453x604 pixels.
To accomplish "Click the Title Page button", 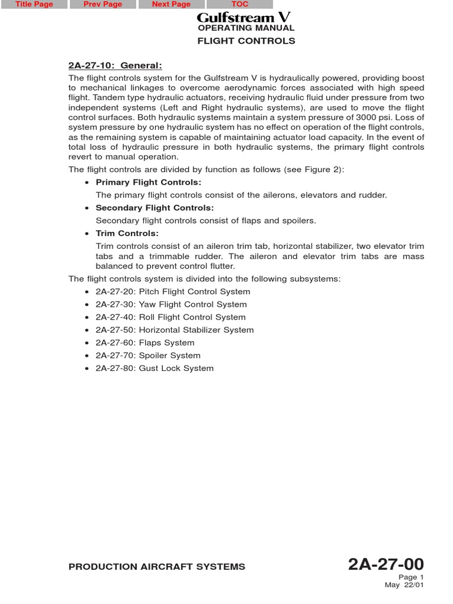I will pos(34,4).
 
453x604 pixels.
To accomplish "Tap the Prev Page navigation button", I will pos(103,4).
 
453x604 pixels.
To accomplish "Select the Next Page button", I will pos(171,4).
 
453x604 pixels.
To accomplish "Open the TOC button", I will pos(239,4).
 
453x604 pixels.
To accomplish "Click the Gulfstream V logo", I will pos(244,18).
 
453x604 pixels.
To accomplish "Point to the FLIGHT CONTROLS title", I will pos(245,41).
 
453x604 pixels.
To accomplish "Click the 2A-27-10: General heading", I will pos(115,65).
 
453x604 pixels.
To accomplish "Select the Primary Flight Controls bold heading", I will pos(148,182).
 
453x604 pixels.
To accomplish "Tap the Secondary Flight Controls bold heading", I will pos(155,208).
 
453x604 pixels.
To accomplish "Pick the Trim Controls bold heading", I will pos(127,234).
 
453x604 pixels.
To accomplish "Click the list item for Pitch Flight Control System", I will pos(173,292).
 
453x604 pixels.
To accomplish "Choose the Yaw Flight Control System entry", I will pos(171,304).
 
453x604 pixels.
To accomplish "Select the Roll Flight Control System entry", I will pos(170,317).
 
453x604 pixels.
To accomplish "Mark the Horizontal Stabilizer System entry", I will pos(175,330).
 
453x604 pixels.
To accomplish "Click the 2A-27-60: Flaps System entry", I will pos(145,343).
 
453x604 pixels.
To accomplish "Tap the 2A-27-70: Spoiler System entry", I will pos(148,356).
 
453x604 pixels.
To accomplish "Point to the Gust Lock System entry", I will pos(155,369).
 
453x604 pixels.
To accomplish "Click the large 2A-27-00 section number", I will pos(386,564).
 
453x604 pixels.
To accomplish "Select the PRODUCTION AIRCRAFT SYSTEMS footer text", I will pos(157,567).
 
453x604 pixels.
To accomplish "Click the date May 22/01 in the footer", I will pos(404,585).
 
